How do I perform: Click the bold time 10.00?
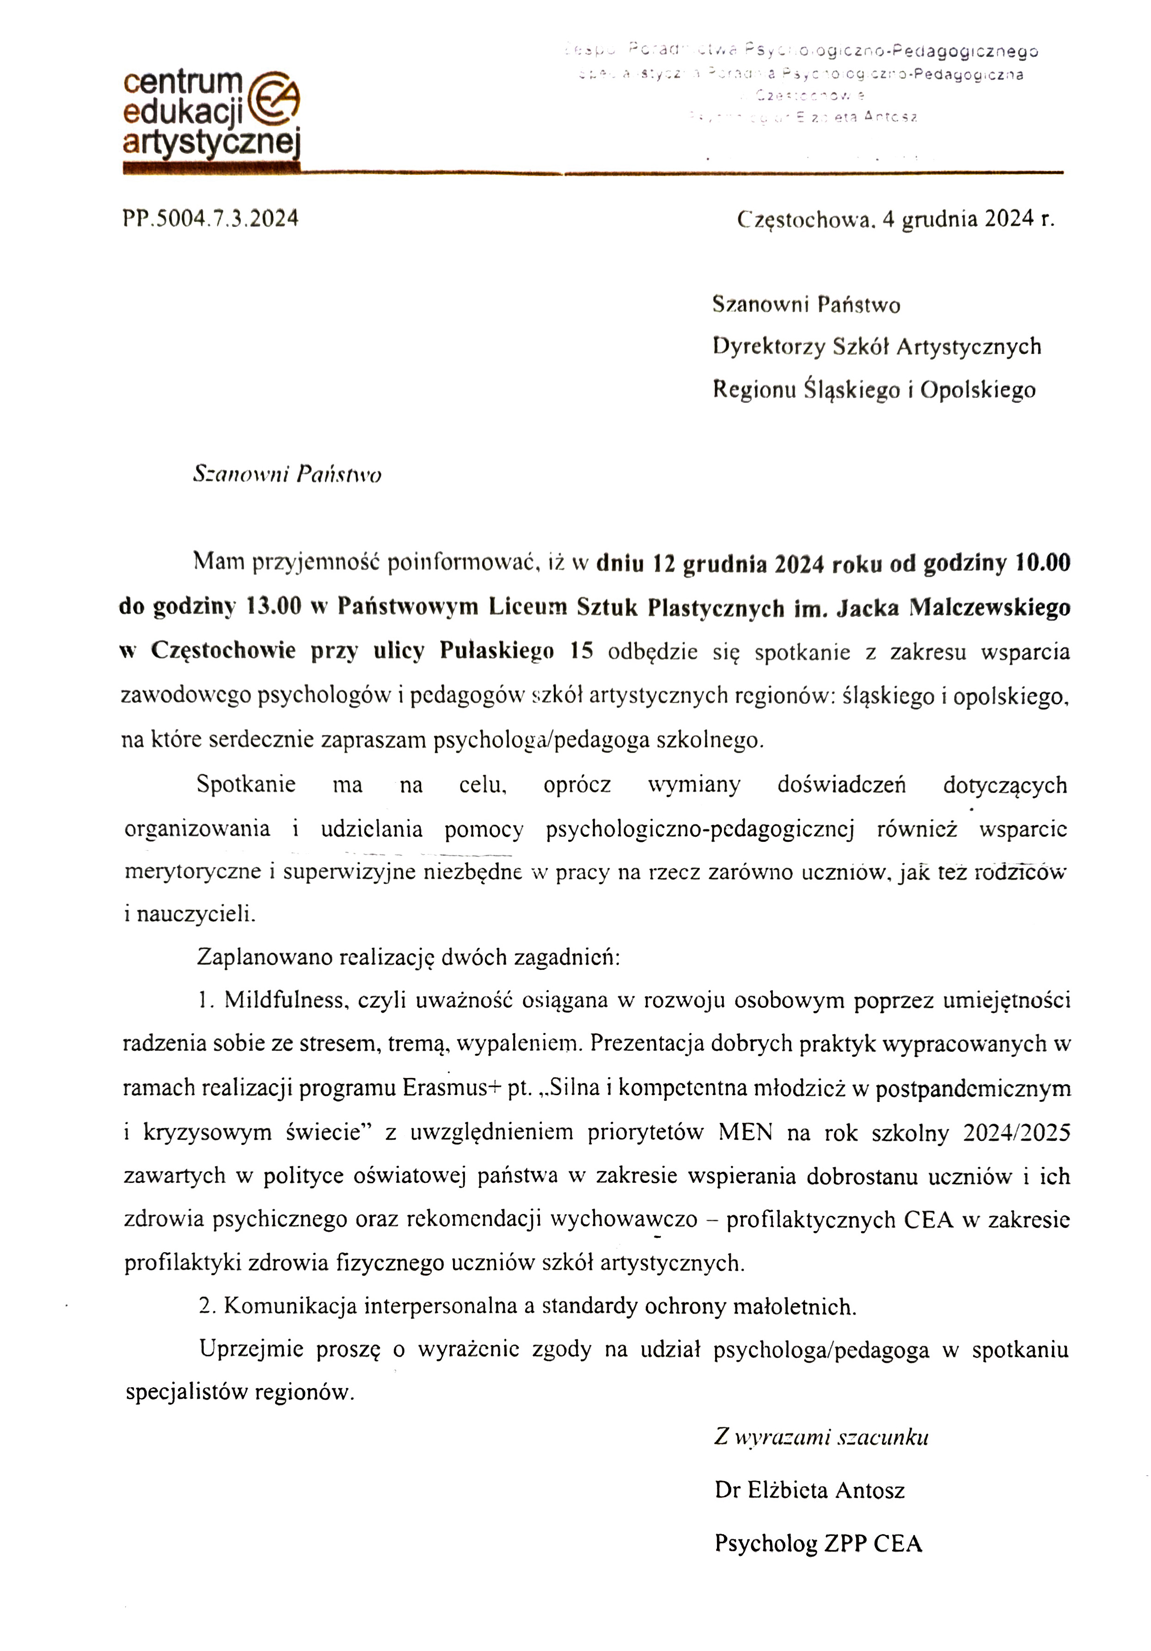[x=1041, y=563]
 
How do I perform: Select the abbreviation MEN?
[x=745, y=1133]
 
